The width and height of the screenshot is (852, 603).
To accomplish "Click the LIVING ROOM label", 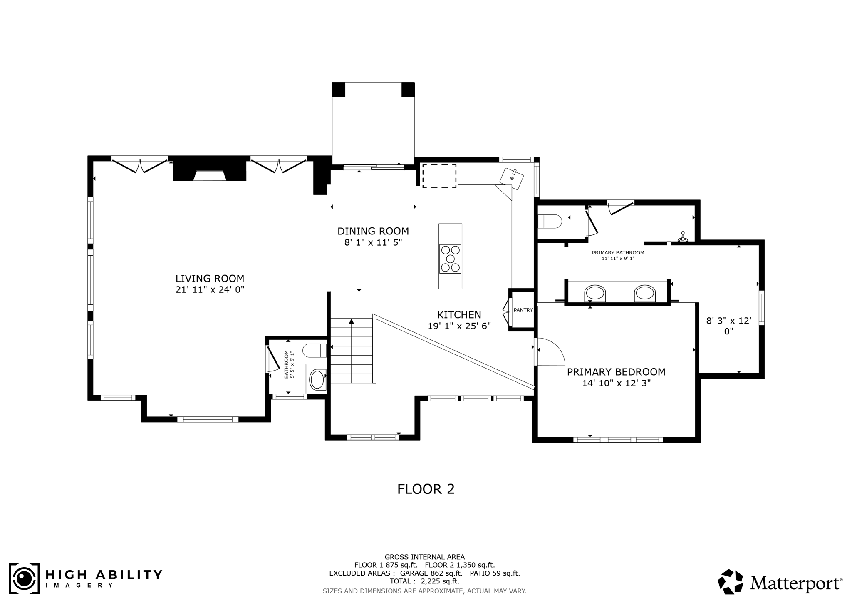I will pos(210,279).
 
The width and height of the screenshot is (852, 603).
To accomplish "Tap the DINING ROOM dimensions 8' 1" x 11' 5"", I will pos(373,242).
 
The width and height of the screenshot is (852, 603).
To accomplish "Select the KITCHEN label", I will pos(459,315).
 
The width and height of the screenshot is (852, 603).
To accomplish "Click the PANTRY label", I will pos(523,310).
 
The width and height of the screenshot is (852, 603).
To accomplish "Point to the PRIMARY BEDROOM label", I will pos(616,372).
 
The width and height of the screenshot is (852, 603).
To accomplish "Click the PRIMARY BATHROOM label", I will pos(618,253).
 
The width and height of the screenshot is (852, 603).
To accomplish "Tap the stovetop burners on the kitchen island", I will pos(450,259).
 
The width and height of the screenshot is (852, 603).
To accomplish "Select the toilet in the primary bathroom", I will pos(549,221).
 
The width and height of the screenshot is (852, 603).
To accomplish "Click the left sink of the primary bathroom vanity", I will pos(595,293).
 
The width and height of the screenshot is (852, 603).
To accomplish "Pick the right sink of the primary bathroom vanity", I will pos(645,293).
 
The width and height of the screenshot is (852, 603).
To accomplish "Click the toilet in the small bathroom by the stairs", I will pos(315,350).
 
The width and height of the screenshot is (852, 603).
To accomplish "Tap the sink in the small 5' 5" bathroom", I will pos(317,380).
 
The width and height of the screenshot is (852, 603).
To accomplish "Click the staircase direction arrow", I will pos(352,321).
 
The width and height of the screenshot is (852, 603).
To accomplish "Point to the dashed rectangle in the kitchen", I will pos(439,176).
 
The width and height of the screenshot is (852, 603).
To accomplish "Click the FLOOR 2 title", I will pos(426,489).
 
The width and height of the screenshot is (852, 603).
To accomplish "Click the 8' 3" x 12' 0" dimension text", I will pos(728,326).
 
